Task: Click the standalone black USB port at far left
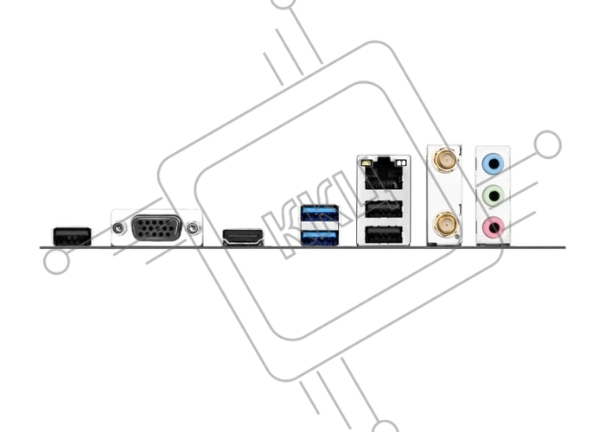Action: [x=72, y=237]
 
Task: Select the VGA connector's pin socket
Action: [x=156, y=228]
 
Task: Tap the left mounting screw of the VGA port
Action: [x=119, y=228]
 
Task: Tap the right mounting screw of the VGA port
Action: [x=193, y=228]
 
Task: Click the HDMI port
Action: [x=243, y=237]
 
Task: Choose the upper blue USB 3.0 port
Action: [x=320, y=214]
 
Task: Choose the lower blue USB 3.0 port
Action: [x=320, y=237]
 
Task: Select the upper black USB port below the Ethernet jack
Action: [x=384, y=209]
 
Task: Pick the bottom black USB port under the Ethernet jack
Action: [x=384, y=234]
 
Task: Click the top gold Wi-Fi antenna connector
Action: [x=446, y=159]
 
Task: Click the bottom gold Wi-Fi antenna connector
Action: [x=446, y=224]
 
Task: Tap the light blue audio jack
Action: [x=494, y=164]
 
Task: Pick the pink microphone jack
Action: [x=494, y=227]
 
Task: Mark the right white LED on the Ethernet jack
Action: [x=404, y=162]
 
